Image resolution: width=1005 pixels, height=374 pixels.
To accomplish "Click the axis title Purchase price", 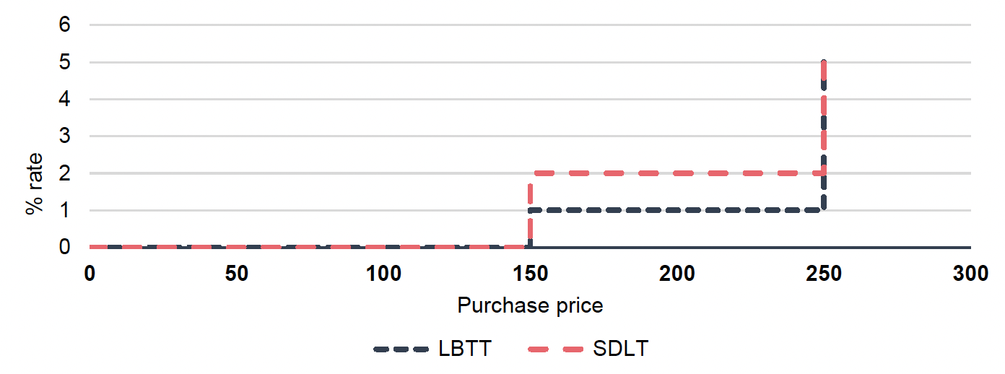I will tap(530, 305).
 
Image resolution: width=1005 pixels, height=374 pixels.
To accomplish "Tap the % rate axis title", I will tap(33, 183).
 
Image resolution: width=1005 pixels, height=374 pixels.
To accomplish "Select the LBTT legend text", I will tap(465, 349).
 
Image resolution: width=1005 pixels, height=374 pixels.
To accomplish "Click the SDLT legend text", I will tap(620, 349).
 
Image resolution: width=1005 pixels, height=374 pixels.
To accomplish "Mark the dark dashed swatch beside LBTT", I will tap(401, 349).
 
